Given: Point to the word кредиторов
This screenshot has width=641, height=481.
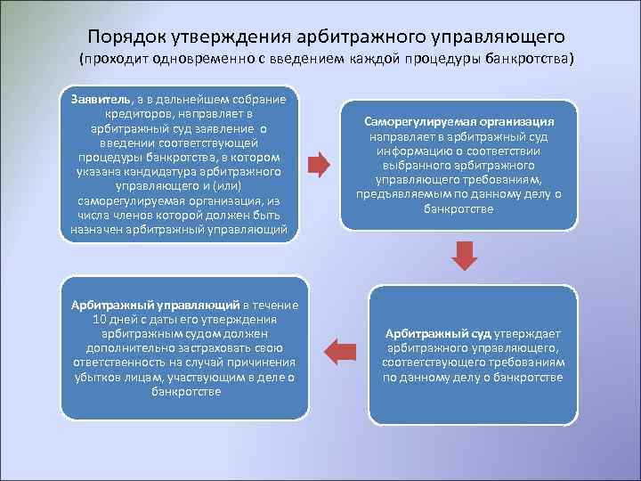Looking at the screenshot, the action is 150,113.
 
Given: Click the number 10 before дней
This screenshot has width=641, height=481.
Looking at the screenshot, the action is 101,320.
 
